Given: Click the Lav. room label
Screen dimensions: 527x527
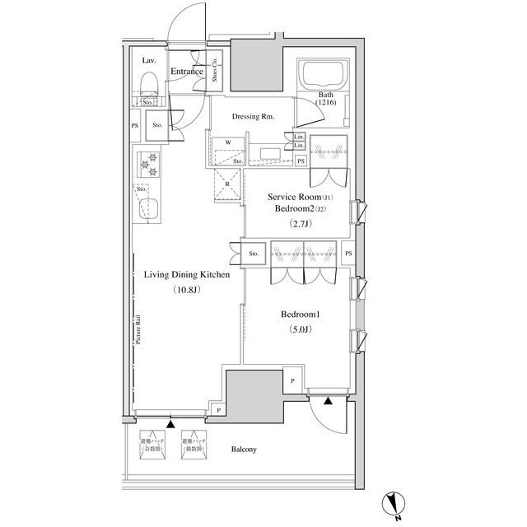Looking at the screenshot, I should click(149, 61).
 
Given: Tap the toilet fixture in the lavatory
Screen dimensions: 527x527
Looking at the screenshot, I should click(149, 83).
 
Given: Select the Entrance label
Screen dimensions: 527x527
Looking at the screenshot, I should click(187, 72).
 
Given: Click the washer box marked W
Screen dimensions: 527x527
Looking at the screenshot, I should click(227, 142).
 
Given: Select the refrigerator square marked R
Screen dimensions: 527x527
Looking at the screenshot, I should click(227, 184).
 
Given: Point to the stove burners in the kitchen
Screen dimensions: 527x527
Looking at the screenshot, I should click(150, 164).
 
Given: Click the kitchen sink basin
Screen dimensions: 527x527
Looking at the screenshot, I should click(150, 209).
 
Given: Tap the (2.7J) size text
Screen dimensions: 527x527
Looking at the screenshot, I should click(299, 223).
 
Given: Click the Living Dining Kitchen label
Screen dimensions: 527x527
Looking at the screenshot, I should click(186, 275).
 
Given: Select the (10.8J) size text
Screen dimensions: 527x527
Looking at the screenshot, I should click(187, 290).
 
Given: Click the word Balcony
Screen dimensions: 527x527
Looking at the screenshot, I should click(244, 449).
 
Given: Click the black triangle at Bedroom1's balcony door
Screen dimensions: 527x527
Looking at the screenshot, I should click(328, 402).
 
